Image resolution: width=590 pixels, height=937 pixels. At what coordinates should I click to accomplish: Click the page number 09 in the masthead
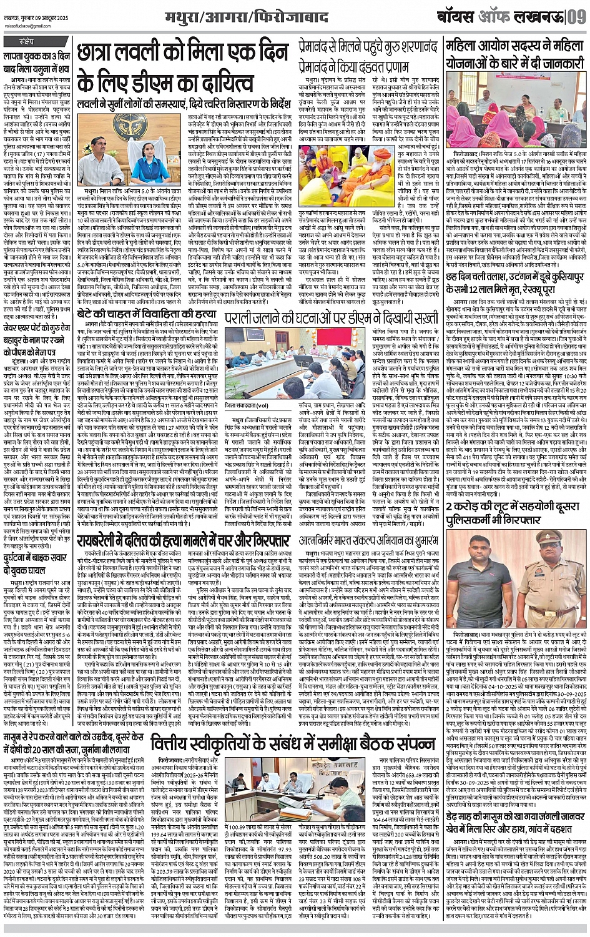pyautogui.click(x=575, y=14)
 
